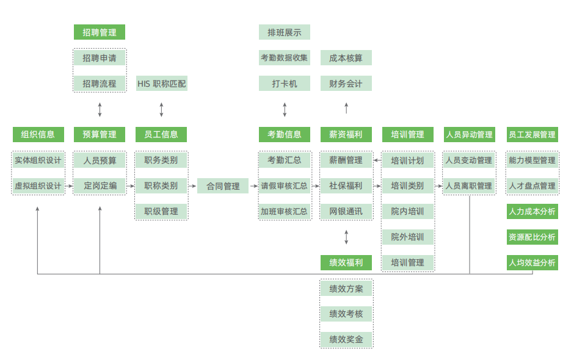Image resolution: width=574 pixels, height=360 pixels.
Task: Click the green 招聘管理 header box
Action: point(100,32)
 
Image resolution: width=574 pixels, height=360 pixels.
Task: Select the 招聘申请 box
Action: point(100,58)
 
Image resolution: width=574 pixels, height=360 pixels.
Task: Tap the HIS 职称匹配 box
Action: point(161,84)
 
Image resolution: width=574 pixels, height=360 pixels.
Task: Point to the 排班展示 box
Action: point(284,32)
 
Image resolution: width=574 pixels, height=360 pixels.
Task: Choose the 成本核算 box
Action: point(346,58)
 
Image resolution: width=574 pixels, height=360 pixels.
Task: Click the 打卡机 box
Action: point(284,84)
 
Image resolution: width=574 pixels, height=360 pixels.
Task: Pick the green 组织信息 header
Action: point(38,135)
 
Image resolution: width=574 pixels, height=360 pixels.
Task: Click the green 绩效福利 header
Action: point(346,263)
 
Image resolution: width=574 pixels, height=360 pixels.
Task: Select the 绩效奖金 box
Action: point(346,339)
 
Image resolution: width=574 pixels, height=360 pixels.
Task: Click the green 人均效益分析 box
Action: point(532,263)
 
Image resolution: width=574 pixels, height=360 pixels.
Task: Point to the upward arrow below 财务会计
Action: point(346,109)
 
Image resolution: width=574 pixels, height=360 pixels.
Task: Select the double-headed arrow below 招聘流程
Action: point(100,110)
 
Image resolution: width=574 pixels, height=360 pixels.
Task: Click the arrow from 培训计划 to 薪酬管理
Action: point(377,160)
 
